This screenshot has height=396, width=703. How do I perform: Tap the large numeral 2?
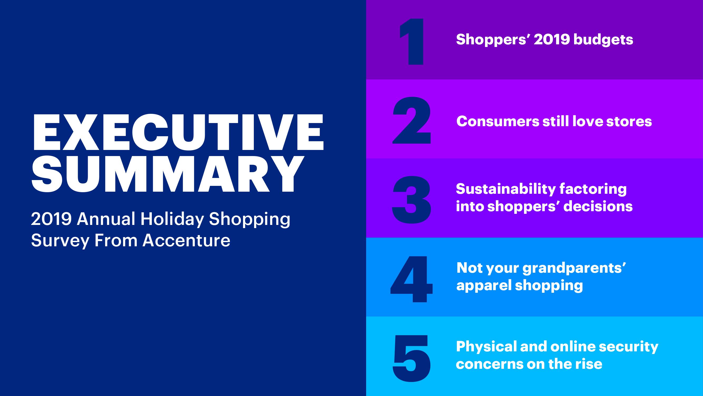[x=412, y=121]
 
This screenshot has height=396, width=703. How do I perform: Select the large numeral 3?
[x=412, y=200]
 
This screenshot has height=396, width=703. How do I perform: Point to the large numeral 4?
[x=411, y=279]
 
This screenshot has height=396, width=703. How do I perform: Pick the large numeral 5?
[x=412, y=358]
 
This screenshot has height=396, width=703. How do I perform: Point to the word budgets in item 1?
[x=603, y=40]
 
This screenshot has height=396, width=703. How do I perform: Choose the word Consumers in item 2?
[x=498, y=121]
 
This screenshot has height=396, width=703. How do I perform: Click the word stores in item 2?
[x=629, y=121]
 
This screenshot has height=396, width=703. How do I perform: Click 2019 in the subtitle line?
[x=51, y=219]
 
